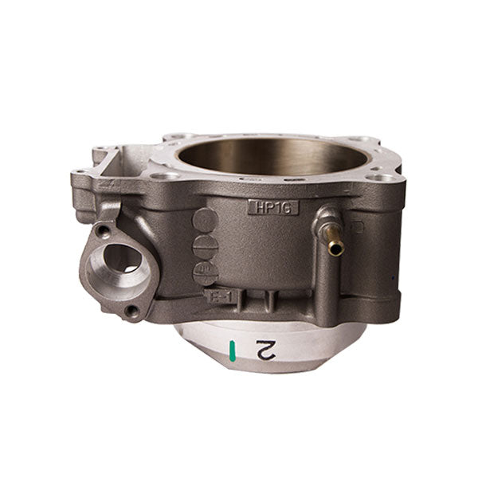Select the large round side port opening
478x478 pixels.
click(x=119, y=258)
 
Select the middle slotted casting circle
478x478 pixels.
click(x=205, y=245)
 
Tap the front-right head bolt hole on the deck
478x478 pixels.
click(x=382, y=177)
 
